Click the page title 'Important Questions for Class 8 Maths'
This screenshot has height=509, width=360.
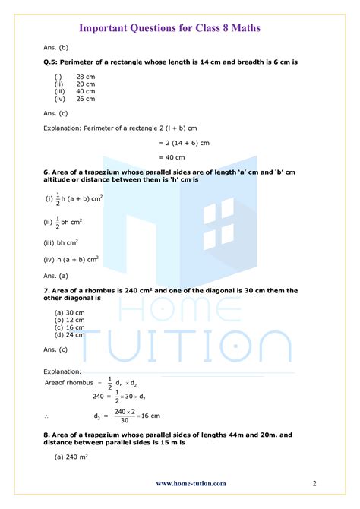[180, 28]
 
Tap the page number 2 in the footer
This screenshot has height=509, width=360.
[314, 483]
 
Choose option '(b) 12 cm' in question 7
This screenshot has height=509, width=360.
[69, 320]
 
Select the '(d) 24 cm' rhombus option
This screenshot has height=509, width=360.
[69, 334]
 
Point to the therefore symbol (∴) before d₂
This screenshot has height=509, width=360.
[47, 416]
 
